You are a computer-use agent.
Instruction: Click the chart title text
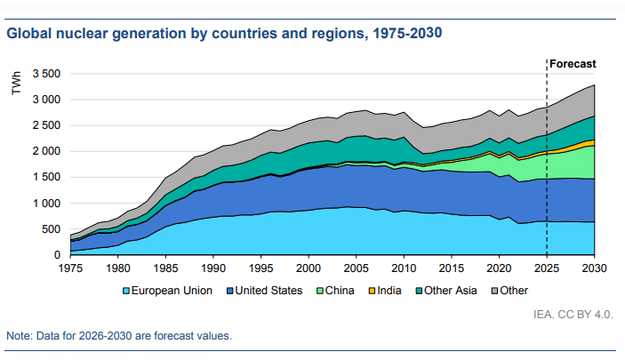point(224,34)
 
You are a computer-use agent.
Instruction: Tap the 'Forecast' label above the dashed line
point(573,64)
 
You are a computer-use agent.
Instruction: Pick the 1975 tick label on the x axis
point(69,268)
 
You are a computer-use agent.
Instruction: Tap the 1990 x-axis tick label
point(212,268)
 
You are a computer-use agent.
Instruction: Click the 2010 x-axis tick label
point(404,268)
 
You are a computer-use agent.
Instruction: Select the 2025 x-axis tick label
point(547,268)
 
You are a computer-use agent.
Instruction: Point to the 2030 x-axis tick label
point(594,268)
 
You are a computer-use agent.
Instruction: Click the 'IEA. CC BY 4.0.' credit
point(573,314)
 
